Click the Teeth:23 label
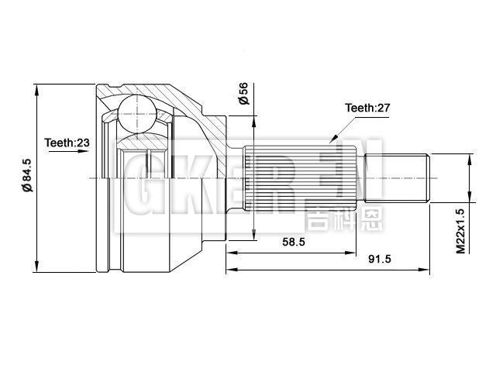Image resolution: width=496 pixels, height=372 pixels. [67, 143]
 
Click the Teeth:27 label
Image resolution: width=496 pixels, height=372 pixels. [367, 108]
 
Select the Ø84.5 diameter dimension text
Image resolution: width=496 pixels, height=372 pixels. [27, 176]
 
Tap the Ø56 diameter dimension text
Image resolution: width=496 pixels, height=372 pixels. [243, 94]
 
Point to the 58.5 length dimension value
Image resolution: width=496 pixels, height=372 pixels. [294, 242]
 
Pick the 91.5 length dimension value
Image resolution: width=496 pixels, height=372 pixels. [380, 259]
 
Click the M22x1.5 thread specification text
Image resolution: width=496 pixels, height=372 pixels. [460, 231]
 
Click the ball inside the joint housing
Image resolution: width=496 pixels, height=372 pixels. [137, 114]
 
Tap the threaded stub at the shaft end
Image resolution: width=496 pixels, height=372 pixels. [397, 177]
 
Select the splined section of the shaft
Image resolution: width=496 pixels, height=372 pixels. [300, 177]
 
